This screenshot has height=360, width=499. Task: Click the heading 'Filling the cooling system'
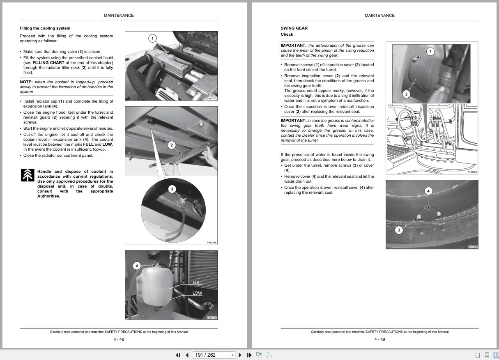click(45, 28)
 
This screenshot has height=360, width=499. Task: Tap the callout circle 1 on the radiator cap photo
click(152, 39)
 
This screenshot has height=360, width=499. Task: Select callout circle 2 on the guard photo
click(172, 145)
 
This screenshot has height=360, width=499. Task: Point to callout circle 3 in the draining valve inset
click(172, 189)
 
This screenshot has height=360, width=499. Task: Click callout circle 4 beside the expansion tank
click(137, 266)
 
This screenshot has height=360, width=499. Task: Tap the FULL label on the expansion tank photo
click(198, 282)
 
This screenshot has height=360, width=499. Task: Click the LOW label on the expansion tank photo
click(197, 293)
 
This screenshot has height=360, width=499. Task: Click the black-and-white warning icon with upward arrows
click(28, 175)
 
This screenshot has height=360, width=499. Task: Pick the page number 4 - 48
click(119, 339)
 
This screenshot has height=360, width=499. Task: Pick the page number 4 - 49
click(379, 339)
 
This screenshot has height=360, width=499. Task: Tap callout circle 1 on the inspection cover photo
click(430, 51)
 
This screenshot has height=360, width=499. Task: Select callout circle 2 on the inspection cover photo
click(406, 94)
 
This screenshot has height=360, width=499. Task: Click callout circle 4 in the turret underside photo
click(428, 191)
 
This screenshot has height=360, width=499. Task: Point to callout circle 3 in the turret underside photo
click(398, 230)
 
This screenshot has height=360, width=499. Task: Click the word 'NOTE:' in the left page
click(26, 82)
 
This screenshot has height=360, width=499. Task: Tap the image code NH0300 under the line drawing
click(472, 172)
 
